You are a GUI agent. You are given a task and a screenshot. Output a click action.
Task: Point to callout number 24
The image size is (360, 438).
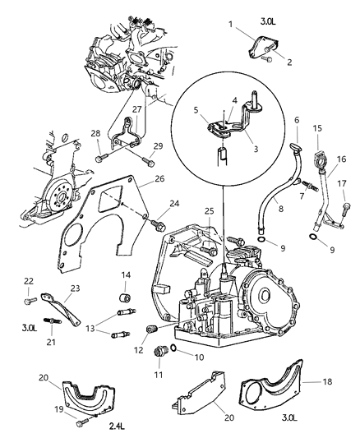coord(174,203)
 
